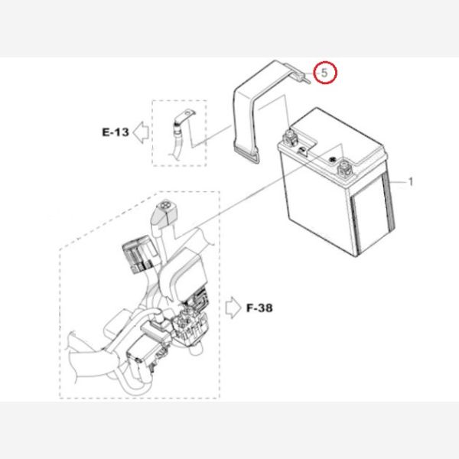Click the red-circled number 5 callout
pos(325,73)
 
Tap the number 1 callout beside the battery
pos(411,182)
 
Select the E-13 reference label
pos(116,132)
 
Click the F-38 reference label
pos(259,308)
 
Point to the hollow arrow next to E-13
pos(141,132)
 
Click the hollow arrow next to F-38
pos(233,308)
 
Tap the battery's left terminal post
pos(289,137)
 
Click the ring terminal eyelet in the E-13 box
pos(187,112)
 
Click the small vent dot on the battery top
pos(332,160)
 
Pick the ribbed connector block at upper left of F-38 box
pos(138,254)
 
